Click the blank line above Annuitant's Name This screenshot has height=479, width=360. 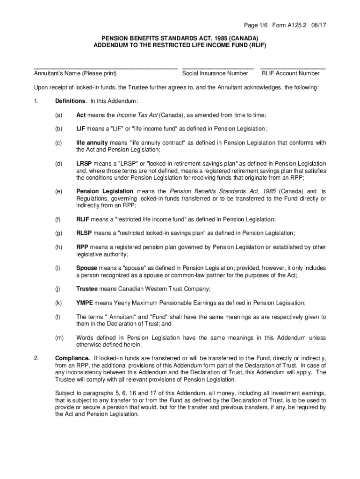106,68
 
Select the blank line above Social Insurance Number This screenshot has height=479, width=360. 218,68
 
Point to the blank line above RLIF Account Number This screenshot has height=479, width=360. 293,68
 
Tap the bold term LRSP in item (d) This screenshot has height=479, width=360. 84,164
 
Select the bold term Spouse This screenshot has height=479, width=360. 87,268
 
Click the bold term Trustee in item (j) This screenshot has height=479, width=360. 87,289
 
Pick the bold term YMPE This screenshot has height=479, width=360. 85,303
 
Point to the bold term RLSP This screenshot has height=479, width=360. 84,233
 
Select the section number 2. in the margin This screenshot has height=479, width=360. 36,358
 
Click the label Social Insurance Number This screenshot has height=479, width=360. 215,73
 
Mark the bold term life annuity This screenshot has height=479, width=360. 92,143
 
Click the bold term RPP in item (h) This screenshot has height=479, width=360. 83,247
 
